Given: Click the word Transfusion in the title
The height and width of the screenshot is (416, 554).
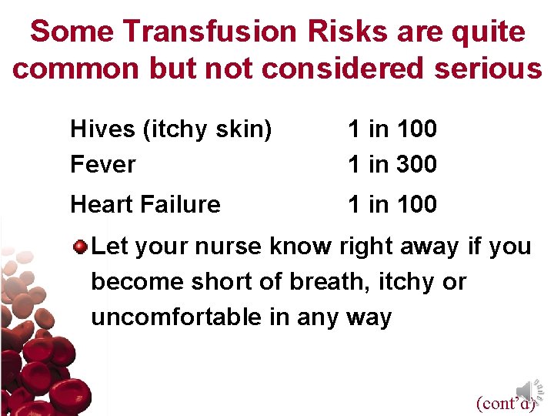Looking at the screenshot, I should click(x=209, y=32).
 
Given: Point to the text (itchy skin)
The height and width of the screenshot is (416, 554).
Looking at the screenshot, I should click(x=208, y=130).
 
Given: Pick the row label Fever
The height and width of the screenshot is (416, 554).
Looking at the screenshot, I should click(x=102, y=164).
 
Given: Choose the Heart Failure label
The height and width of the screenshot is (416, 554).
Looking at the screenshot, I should click(x=145, y=204).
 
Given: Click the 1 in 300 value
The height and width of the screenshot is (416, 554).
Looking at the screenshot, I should click(x=392, y=164).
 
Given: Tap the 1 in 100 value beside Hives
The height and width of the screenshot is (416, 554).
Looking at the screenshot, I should click(x=392, y=129).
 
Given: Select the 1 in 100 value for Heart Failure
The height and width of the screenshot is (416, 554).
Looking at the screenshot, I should click(x=392, y=204).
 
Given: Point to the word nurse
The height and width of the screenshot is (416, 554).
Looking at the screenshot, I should click(x=229, y=247).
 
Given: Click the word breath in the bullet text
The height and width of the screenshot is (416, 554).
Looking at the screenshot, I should click(x=325, y=282).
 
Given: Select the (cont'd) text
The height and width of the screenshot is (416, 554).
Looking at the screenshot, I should click(x=505, y=403).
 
